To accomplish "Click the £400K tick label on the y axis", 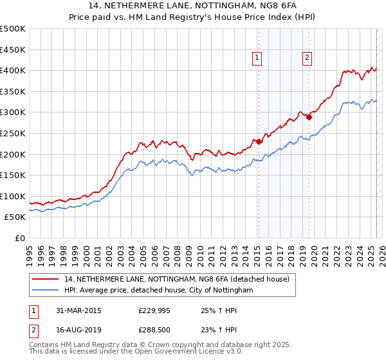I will [14, 70].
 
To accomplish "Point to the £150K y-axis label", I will [14, 175].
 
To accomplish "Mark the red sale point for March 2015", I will [258, 141].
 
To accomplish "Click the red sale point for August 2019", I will [308, 117].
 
